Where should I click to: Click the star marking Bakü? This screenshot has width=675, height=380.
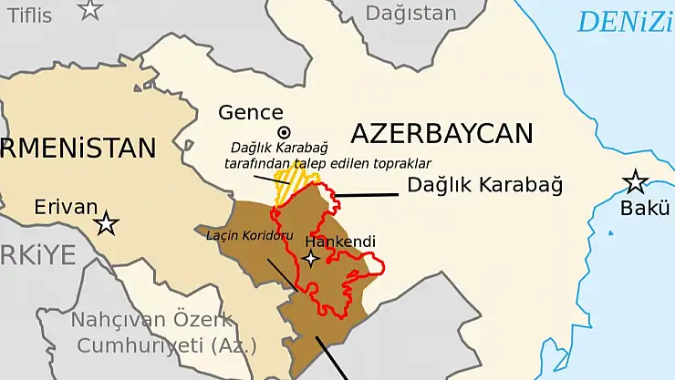636,181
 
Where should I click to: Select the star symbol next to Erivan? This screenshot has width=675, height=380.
108,222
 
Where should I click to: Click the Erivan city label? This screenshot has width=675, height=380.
66,207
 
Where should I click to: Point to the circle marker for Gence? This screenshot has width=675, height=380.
284,133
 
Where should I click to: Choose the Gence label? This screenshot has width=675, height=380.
251,113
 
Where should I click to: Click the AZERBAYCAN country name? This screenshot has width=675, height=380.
441,133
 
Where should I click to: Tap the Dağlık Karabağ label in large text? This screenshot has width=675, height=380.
484,185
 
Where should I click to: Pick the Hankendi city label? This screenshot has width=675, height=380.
340,241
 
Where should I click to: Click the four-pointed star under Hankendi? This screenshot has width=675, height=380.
311,259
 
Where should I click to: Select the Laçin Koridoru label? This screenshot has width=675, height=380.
244,234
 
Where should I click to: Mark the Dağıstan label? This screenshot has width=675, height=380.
410,14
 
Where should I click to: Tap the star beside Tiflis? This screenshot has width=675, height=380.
90,9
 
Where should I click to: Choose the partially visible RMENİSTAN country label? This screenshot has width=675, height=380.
79,148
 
